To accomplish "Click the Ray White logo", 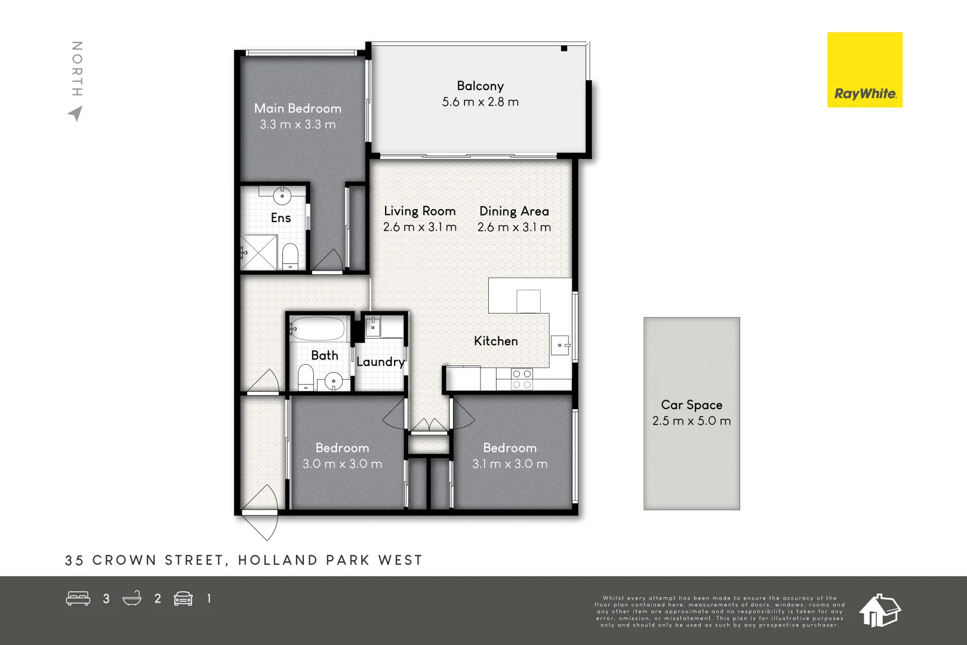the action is point(865,69).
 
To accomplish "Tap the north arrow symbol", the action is point(76,113).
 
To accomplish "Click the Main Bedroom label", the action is point(297,109).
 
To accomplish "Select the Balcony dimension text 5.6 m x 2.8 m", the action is point(481,102).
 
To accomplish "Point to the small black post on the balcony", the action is point(564,48).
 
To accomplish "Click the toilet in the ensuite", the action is point(290,256).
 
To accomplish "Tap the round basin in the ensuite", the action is point(282,196).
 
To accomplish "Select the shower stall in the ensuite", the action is point(258,252).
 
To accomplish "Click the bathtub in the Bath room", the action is point(319,329).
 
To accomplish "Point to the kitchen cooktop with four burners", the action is point(522,379).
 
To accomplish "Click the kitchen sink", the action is point(561,345).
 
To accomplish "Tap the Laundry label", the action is point(380,362).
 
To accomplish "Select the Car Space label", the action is point(692,405).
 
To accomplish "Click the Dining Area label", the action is point(514,211).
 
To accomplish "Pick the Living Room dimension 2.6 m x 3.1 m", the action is point(420,227).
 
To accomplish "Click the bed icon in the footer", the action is point(78,598).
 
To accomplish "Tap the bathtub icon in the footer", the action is point(132,598).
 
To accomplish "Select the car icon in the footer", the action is point(183,599).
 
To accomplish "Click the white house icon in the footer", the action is point(880,610).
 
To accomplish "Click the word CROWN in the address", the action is point(124,560).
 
